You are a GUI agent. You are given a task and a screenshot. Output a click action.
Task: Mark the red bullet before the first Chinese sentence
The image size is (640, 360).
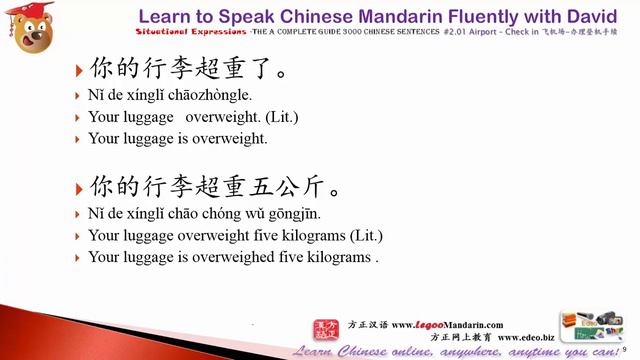(80, 71)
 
